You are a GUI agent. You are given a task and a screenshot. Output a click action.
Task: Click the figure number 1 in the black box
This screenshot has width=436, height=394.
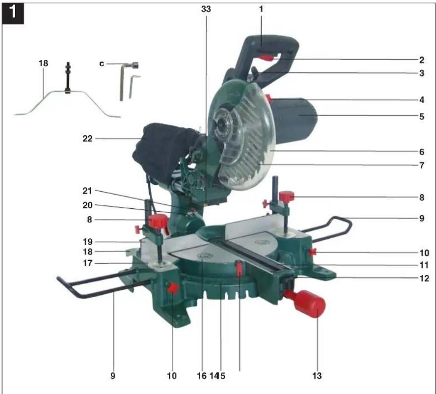point(13,13)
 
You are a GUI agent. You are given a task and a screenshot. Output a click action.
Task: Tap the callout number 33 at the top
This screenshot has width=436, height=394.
point(206,9)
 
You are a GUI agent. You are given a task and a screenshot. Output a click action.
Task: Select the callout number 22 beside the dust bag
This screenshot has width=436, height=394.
point(87,138)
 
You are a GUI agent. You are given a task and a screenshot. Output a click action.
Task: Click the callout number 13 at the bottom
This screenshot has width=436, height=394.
point(317,376)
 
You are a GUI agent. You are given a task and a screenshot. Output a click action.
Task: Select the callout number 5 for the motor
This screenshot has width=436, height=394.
point(422,116)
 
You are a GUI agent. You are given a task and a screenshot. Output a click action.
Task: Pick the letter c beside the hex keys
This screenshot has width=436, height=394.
point(102,64)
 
